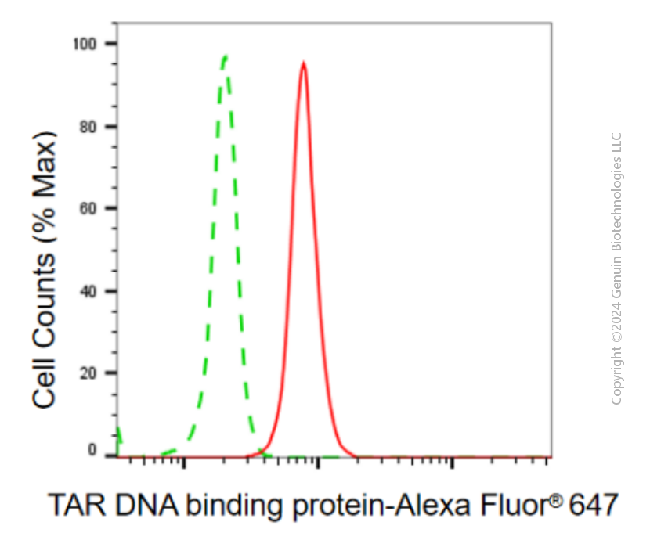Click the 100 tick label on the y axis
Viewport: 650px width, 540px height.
[85, 44]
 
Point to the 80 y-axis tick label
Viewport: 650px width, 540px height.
[88, 127]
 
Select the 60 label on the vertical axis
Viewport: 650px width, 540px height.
[88, 208]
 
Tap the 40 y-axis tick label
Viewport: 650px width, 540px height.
[88, 292]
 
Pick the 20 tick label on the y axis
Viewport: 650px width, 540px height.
[88, 373]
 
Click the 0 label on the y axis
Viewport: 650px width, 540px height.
[92, 450]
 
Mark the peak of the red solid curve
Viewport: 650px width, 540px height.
[304, 63]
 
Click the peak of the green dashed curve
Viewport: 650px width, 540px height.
[225, 56]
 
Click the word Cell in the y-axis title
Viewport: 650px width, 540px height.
[44, 383]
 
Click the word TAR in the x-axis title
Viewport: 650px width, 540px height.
[78, 505]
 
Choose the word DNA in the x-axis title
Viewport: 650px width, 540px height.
[146, 505]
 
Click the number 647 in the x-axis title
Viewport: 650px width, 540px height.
[594, 505]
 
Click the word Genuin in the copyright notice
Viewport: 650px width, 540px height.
[616, 276]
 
